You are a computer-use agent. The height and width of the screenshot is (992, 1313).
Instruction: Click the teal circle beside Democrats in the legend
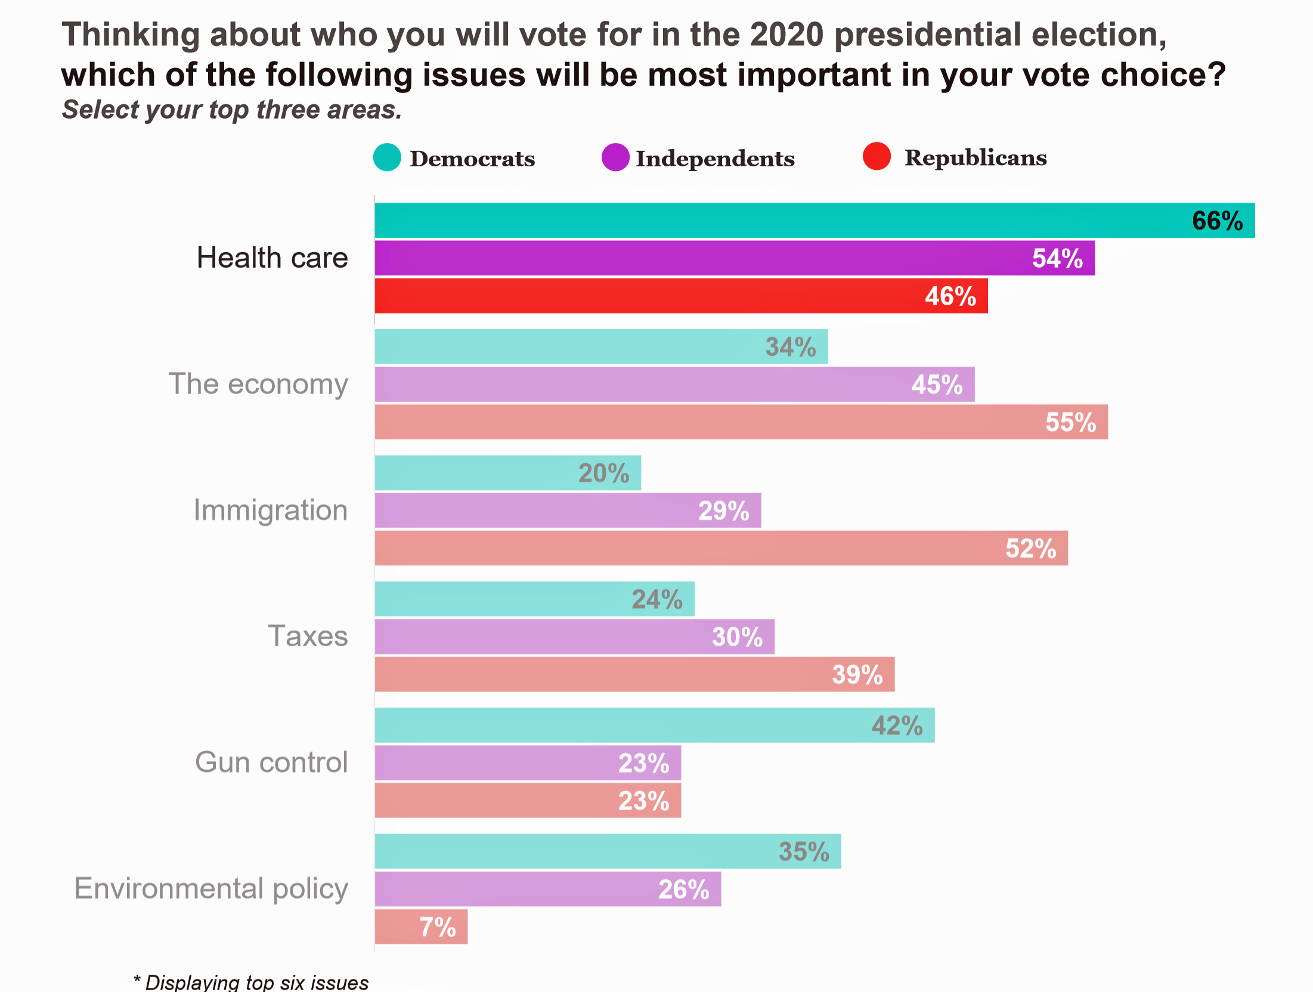pos(387,157)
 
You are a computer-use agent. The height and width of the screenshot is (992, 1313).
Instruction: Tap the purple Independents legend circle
pos(615,157)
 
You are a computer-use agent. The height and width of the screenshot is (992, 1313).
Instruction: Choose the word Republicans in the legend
pos(976,157)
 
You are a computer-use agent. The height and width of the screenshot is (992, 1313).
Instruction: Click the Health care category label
pos(272,258)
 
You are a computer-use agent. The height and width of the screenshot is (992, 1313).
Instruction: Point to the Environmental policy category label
pos(211,888)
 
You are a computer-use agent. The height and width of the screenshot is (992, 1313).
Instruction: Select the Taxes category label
pos(308,636)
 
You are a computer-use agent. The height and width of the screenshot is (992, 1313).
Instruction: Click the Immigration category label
pos(270,510)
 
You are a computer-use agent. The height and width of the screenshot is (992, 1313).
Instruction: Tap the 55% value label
pos(1070,422)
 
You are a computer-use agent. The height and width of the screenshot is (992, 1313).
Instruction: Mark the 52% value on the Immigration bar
pos(1030,548)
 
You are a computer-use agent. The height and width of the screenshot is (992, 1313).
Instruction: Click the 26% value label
pos(683,889)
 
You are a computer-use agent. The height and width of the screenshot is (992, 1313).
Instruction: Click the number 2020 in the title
pos(786,35)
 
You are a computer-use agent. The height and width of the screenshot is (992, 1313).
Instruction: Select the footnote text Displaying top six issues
pos(256,982)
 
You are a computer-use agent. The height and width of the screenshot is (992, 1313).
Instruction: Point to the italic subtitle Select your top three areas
pos(232,110)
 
